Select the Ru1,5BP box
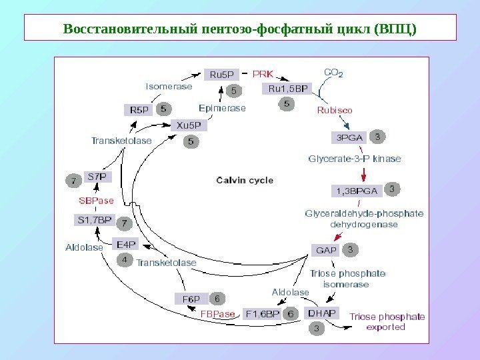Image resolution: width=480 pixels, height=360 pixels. click(x=288, y=88)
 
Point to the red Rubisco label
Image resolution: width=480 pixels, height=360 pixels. click(x=334, y=109)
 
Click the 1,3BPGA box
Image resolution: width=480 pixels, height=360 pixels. click(x=355, y=191)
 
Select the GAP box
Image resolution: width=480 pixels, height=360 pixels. click(x=326, y=251)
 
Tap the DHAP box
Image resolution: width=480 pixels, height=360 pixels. click(x=321, y=312)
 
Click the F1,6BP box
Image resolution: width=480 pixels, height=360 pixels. click(x=262, y=313)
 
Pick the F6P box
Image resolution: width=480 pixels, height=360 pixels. click(x=191, y=298)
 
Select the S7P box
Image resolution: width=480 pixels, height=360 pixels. click(x=97, y=177)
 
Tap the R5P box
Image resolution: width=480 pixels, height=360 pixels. click(x=139, y=109)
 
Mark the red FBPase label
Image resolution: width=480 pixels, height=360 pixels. click(x=218, y=313)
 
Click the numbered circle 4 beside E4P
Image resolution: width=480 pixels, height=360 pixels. click(x=123, y=261)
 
